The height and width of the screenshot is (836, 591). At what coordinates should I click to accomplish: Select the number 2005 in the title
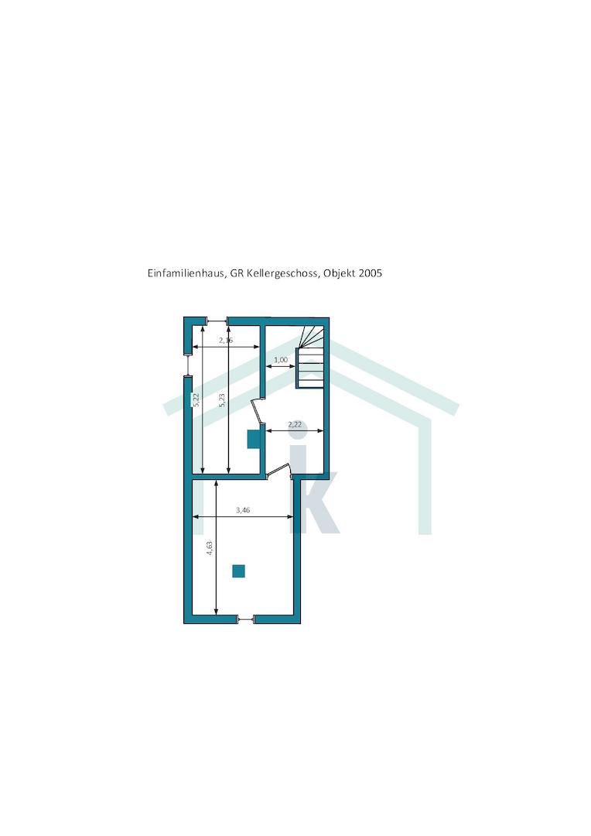coord(371,273)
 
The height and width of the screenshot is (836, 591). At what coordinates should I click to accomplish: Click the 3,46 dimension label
coord(243,510)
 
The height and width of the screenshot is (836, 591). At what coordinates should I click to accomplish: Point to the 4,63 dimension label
coord(210,549)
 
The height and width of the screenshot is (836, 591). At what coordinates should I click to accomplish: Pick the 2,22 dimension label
coord(295,425)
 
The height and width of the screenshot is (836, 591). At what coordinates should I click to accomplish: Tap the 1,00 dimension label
coord(281,360)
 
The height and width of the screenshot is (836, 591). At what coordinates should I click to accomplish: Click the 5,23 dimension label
coord(222,400)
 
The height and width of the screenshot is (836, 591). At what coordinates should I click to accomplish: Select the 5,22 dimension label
coord(196,400)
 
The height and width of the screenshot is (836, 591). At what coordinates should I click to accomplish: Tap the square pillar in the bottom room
coord(238,571)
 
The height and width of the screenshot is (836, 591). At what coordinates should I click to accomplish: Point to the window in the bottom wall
coord(246,619)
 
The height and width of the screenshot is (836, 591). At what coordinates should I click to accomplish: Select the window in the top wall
coord(217,320)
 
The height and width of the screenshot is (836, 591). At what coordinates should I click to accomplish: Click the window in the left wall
coord(187,365)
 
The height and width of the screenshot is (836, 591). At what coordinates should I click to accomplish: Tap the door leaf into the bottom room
coord(278,469)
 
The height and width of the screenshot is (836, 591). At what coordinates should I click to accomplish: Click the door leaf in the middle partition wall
coord(256,410)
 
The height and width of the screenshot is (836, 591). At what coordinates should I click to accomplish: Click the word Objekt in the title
coord(339,273)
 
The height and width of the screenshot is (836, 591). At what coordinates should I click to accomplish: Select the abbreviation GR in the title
coord(237,273)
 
